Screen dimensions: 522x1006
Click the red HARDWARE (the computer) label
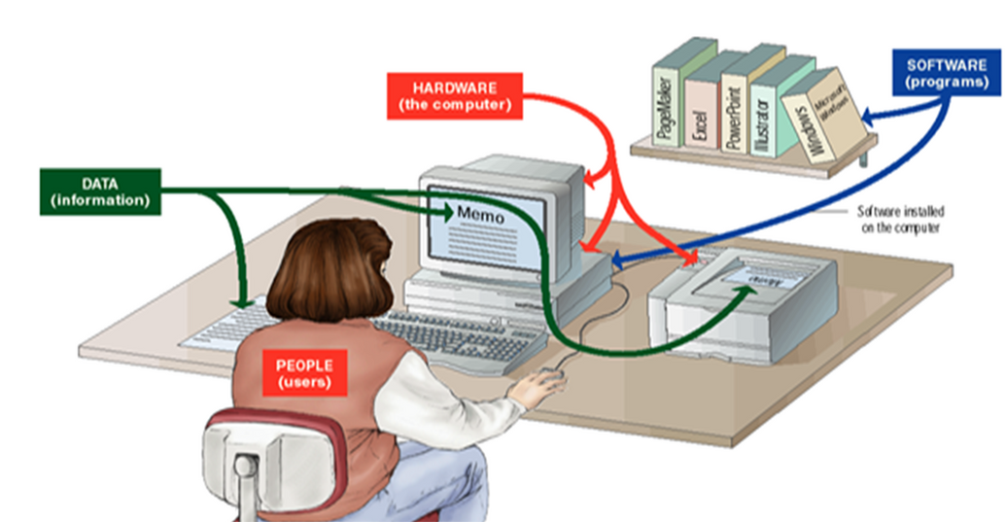454,95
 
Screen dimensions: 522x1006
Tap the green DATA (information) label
99,191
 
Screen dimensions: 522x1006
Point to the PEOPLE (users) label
303,373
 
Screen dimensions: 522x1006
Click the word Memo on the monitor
480,214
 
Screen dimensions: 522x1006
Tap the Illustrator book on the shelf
768,112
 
